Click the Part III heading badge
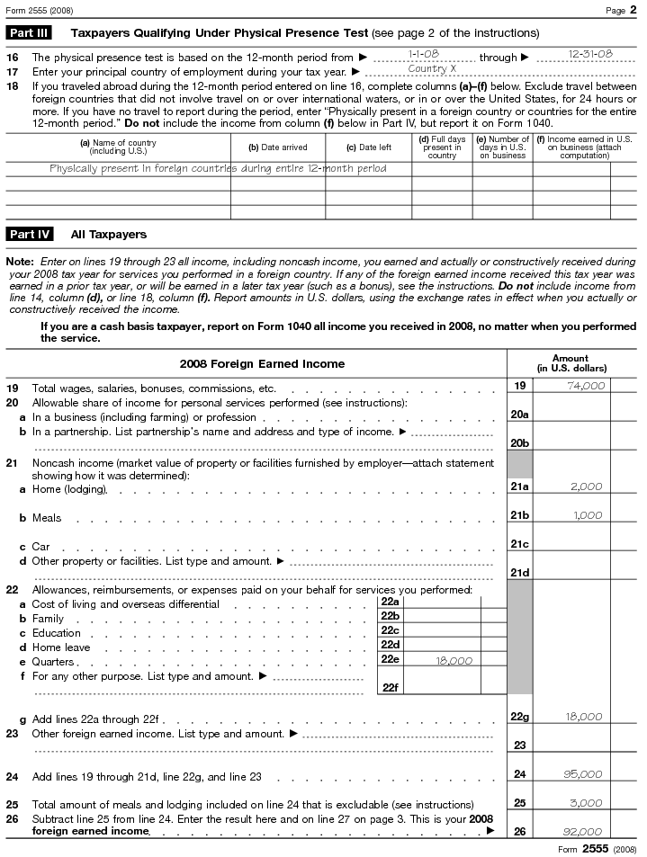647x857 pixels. pyautogui.click(x=29, y=33)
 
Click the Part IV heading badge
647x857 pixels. pyautogui.click(x=30, y=235)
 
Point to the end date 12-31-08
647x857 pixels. pyautogui.click(x=590, y=54)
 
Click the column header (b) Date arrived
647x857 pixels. pyautogui.click(x=278, y=147)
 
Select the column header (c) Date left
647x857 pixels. pyautogui.click(x=369, y=147)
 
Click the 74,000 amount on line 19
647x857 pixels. pyautogui.click(x=585, y=386)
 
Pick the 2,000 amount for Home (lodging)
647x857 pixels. pyautogui.click(x=587, y=487)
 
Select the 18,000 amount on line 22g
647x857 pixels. pyautogui.click(x=585, y=717)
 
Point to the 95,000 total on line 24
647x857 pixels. pyautogui.click(x=585, y=773)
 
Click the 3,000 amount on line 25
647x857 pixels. pyautogui.click(x=587, y=802)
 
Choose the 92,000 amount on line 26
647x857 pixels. pyautogui.click(x=585, y=831)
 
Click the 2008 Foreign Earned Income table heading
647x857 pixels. pyautogui.click(x=262, y=364)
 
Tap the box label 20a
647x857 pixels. pyautogui.click(x=519, y=415)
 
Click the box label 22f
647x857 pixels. pyautogui.click(x=390, y=687)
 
